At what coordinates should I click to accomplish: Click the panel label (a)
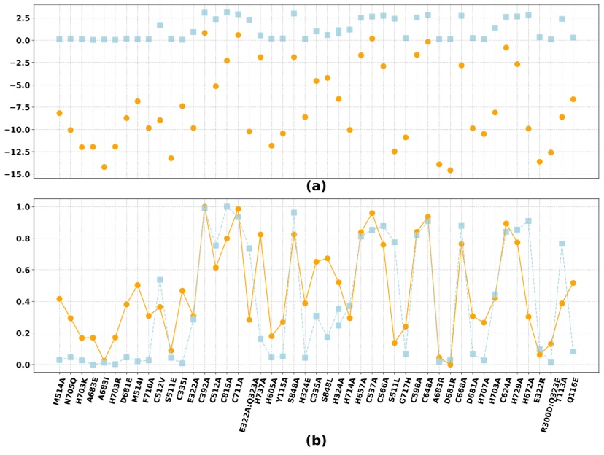tap(315, 186)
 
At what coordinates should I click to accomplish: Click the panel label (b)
tap(315, 440)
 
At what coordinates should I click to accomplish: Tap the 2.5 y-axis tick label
tap(21, 18)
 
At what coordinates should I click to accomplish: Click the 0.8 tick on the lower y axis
tap(21, 238)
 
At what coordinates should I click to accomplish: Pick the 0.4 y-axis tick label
tap(21, 301)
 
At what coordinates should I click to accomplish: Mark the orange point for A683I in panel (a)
tap(104, 167)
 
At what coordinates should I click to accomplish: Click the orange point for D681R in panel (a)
tap(450, 171)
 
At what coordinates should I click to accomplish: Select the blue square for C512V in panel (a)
tap(160, 25)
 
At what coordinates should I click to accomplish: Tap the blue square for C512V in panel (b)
tap(160, 279)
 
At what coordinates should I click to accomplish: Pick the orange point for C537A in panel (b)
tap(372, 213)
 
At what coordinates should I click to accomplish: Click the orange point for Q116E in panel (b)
tap(573, 283)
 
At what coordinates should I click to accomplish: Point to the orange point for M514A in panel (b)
tap(60, 299)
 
